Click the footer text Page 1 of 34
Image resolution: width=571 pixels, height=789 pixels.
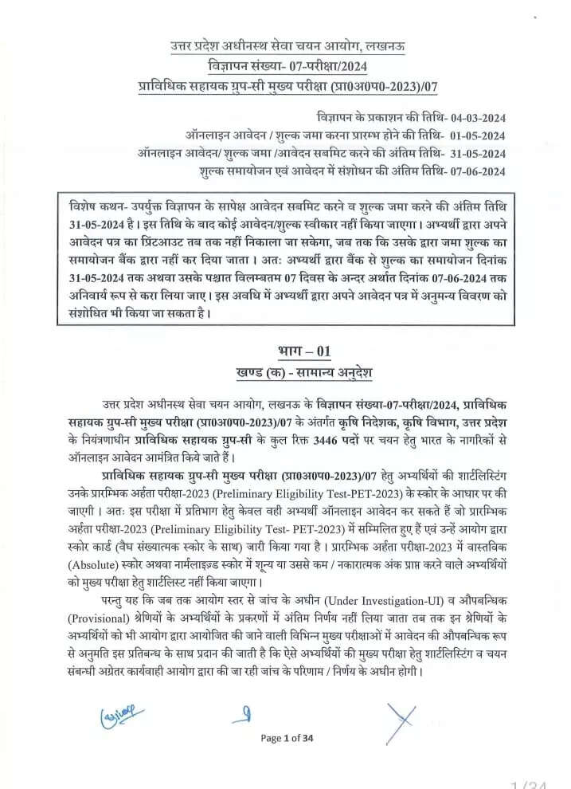pyautogui.click(x=287, y=738)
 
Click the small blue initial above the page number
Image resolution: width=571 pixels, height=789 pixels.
pyautogui.click(x=249, y=710)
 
